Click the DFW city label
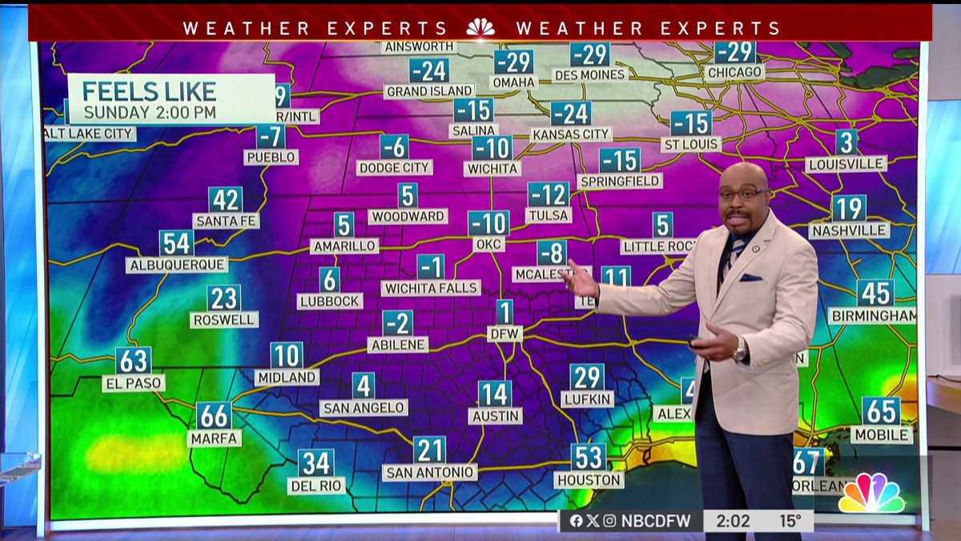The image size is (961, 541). pyautogui.click(x=505, y=333)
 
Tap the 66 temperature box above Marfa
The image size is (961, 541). pyautogui.click(x=214, y=415)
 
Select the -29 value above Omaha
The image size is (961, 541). pyautogui.click(x=513, y=62)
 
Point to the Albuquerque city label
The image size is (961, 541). pyautogui.click(x=176, y=264)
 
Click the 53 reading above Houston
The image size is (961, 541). pyautogui.click(x=589, y=457)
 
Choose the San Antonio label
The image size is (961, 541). pyautogui.click(x=429, y=472)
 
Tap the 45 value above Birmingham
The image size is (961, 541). pyautogui.click(x=875, y=293)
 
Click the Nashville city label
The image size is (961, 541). pyautogui.click(x=849, y=230)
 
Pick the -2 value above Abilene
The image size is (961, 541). pyautogui.click(x=398, y=323)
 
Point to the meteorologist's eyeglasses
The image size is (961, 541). pyautogui.click(x=743, y=195)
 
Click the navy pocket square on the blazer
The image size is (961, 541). pyautogui.click(x=751, y=277)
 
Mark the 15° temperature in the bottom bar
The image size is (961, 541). pyautogui.click(x=790, y=521)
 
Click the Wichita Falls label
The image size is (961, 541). pyautogui.click(x=431, y=287)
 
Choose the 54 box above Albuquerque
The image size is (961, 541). pyautogui.click(x=176, y=243)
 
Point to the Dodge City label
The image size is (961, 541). pyautogui.click(x=395, y=168)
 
